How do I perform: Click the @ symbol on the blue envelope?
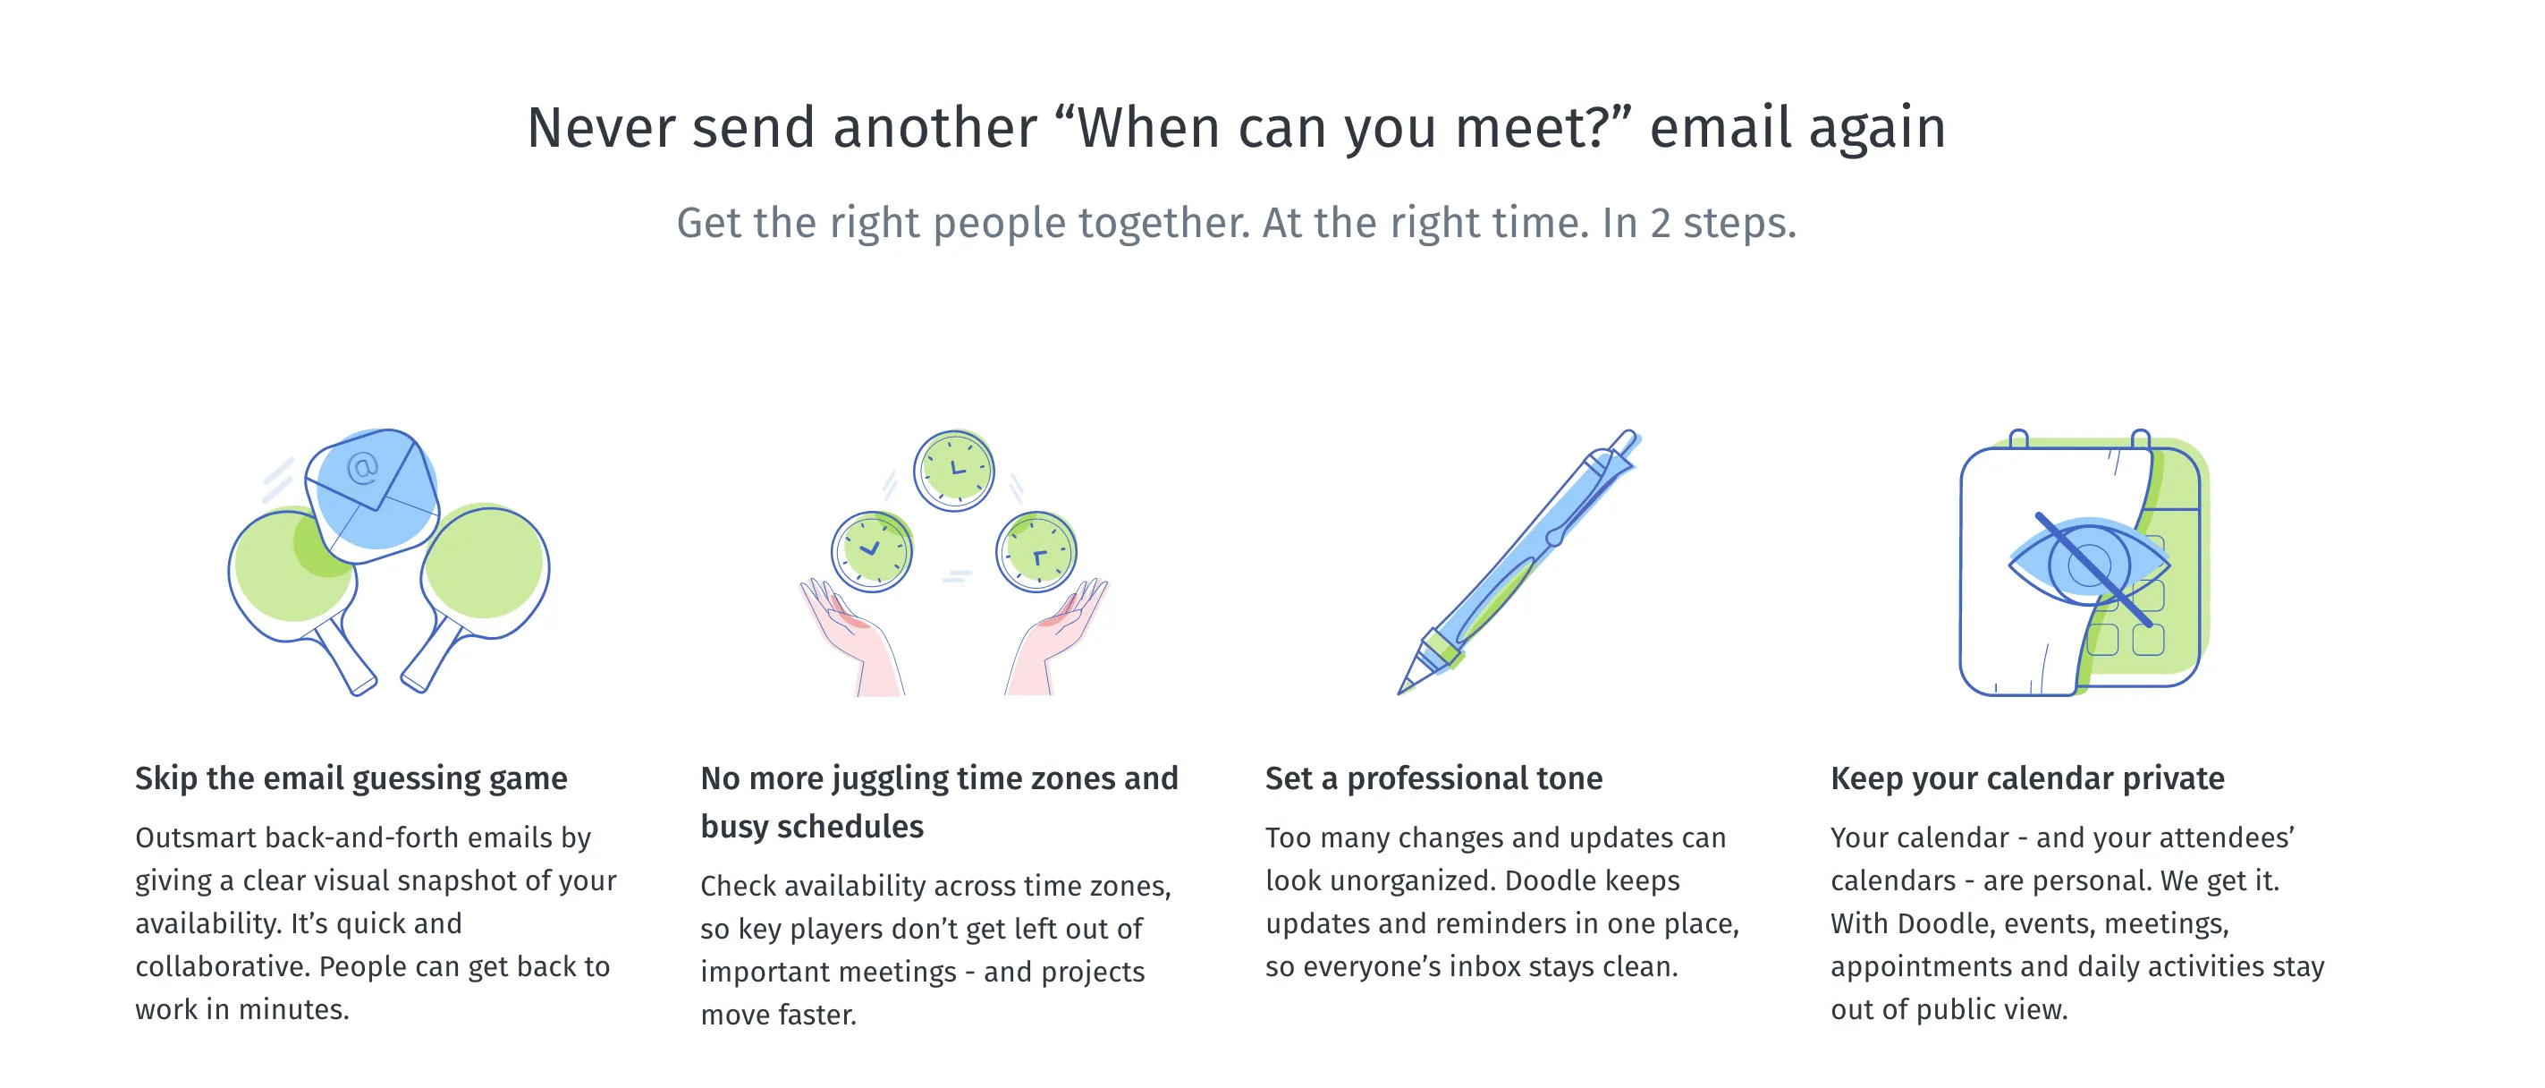point(362,467)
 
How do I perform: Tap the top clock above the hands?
point(953,471)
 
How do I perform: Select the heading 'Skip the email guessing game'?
point(351,778)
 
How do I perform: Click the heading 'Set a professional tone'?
point(1433,778)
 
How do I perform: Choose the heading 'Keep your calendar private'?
point(2026,778)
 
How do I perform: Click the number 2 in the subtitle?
point(1661,224)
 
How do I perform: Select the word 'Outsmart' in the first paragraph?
point(196,838)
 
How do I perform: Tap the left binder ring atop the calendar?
point(2018,438)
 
